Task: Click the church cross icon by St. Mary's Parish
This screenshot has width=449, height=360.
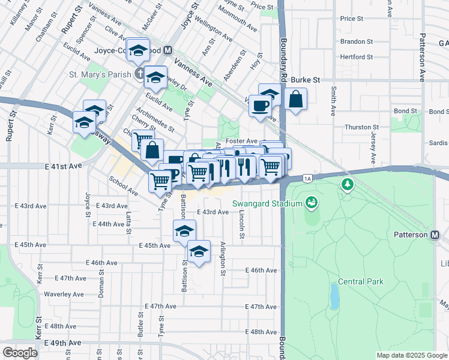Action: pos(139,74)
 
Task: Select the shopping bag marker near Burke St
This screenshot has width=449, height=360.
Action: pos(296,99)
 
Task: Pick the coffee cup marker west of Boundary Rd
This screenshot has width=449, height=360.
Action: pos(260,106)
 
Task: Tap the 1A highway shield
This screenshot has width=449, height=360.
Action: pos(308,178)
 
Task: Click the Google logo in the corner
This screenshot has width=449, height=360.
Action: pos(20,353)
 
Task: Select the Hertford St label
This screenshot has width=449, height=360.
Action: pos(356,57)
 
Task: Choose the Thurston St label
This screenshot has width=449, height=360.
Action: pos(362,127)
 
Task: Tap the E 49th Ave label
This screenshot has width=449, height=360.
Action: pos(62,343)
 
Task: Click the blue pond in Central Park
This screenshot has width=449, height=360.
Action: pos(333,295)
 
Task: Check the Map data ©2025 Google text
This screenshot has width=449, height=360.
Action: pos(412,355)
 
